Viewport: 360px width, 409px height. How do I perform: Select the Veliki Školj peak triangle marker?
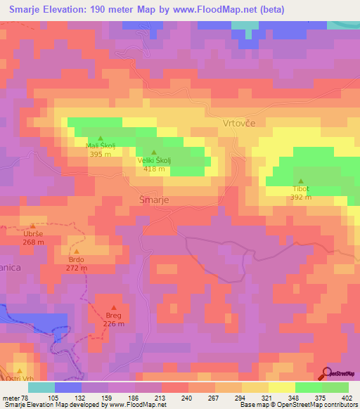[154, 152]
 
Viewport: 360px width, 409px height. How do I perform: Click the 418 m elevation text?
[154, 169]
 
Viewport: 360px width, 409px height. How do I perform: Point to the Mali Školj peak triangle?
[100, 138]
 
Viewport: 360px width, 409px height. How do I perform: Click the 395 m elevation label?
[100, 154]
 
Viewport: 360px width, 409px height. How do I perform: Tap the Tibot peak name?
[301, 189]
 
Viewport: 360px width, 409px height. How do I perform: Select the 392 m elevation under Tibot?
[301, 197]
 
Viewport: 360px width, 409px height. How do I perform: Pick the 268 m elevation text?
[32, 242]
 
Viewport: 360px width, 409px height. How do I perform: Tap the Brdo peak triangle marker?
[76, 251]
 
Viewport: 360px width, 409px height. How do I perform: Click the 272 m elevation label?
[76, 268]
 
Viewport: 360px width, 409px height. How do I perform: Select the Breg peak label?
[112, 315]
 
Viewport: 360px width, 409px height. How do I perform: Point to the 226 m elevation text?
[112, 323]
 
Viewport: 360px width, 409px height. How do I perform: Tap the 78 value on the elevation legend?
[25, 398]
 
